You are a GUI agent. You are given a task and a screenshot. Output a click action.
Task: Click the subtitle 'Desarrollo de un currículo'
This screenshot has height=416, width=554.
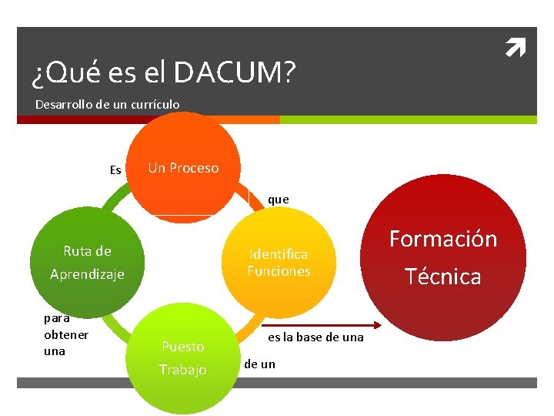pos(108,104)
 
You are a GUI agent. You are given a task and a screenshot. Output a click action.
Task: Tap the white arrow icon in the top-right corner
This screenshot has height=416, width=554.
pos(514,51)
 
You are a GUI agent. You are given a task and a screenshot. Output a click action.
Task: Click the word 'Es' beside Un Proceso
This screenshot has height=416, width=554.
pos(115,170)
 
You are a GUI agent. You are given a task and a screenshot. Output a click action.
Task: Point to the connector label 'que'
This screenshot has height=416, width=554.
pos(278,200)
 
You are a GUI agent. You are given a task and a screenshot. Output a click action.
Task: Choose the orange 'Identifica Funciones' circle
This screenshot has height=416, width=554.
pos(279,262)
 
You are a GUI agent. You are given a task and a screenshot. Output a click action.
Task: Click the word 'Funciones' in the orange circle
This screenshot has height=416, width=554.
pos(279,271)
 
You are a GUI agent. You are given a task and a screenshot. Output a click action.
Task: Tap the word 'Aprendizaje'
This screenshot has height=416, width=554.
pos(87,274)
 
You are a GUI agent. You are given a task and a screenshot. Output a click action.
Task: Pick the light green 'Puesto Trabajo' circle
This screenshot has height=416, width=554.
pos(183,357)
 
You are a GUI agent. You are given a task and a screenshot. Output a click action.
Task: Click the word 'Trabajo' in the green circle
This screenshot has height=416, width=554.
pos(183,370)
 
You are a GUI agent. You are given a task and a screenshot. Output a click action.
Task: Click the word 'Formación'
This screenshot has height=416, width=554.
pos(443,239)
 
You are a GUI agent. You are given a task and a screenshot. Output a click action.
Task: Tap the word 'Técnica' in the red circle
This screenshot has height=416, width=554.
pos(443,276)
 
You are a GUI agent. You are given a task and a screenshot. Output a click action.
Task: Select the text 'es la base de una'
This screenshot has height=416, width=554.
pos(315,338)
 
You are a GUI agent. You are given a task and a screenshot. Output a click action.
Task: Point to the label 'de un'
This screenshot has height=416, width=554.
pos(259,364)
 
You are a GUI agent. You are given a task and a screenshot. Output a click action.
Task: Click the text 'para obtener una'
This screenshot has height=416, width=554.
pos(66,334)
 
